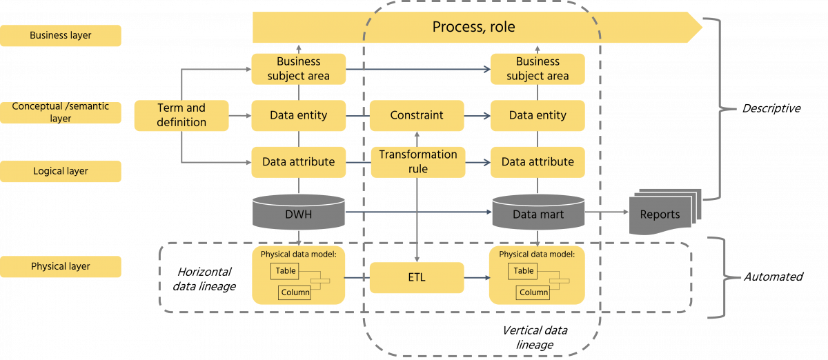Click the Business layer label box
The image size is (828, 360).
[x=61, y=36]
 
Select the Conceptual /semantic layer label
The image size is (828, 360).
[x=61, y=113]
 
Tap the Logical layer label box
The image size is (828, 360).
[x=61, y=171]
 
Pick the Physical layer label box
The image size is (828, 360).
[x=61, y=266]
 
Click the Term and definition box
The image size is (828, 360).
[x=181, y=115]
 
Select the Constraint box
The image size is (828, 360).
[x=416, y=115]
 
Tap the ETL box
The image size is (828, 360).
[x=416, y=278]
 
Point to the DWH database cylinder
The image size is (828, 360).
[x=298, y=213]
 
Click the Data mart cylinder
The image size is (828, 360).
[x=538, y=213]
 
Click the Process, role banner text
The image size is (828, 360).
[x=473, y=28]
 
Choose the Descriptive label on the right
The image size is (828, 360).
[x=771, y=109]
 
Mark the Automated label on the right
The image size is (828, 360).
[x=772, y=276]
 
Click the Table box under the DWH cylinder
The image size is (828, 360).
[x=286, y=271]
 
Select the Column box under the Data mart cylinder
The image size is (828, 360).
[x=533, y=292]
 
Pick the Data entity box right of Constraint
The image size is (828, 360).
[x=538, y=115]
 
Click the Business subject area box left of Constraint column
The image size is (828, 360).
[x=298, y=69]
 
